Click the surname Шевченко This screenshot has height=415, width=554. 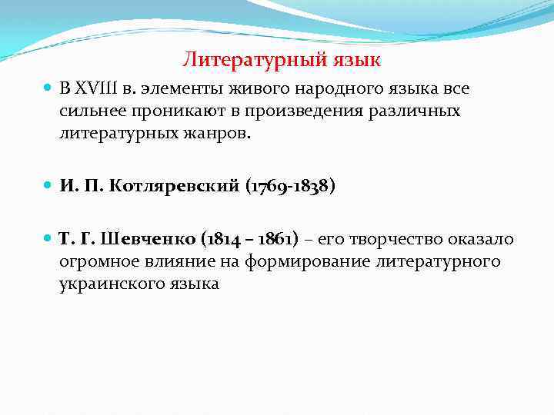click(x=158, y=240)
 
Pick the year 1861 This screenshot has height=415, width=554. click(x=278, y=240)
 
